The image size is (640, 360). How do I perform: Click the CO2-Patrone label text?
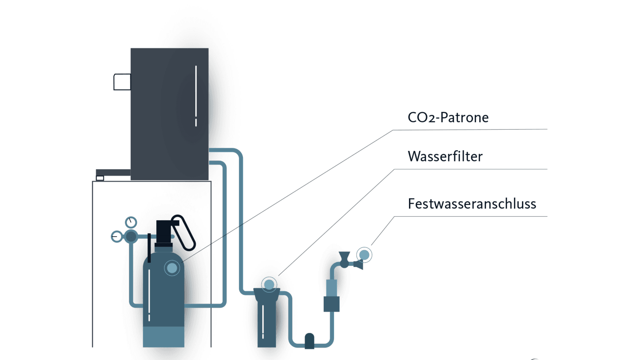448,118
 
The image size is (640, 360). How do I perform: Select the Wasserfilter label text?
445,157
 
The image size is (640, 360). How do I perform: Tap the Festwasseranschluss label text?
472,204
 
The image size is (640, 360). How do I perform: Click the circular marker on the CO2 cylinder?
172,269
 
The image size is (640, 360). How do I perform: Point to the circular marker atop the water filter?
269,285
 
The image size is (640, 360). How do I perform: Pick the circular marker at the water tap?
364,254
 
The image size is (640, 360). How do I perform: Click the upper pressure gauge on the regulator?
131,222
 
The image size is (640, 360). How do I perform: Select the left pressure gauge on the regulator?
117,237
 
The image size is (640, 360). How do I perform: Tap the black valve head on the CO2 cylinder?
164,232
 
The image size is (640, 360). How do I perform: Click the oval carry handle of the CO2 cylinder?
184,233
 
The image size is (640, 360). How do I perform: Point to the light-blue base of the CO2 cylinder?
163,337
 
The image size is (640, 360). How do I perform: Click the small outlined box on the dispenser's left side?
122,82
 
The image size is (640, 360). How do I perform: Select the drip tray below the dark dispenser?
113,173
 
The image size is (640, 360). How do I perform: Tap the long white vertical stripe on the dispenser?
196,91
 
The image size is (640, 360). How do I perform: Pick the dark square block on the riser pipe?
331,304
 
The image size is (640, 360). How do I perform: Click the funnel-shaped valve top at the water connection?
344,256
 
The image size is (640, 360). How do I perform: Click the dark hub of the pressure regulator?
131,237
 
